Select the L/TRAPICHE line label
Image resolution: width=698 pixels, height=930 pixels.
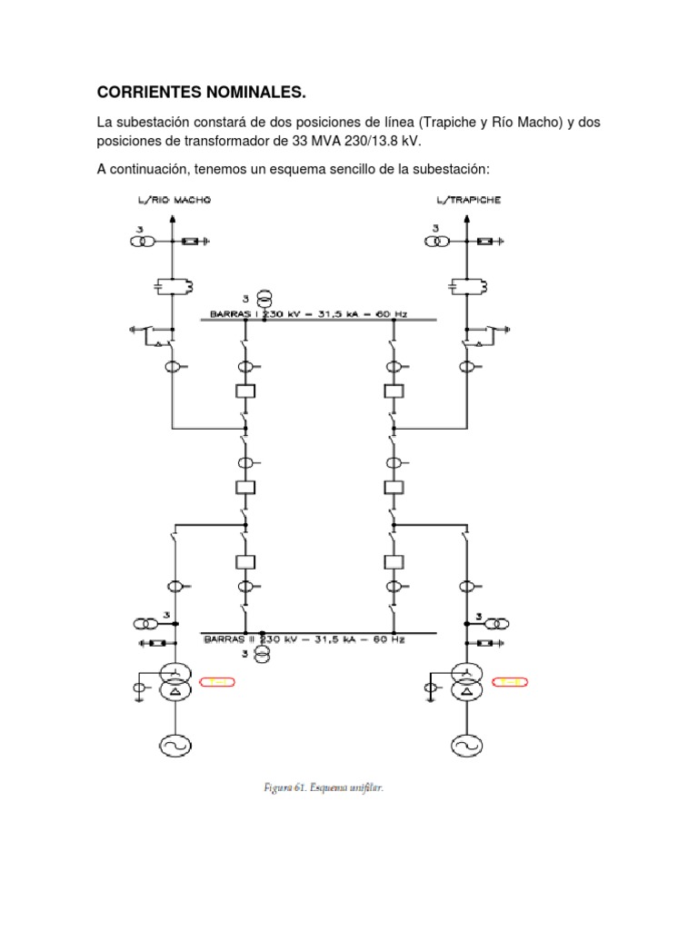(x=469, y=200)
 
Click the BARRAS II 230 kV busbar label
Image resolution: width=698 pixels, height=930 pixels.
(x=304, y=638)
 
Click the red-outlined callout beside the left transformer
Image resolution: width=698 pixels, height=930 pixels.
(x=217, y=681)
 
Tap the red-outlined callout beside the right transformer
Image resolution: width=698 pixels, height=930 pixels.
(x=510, y=681)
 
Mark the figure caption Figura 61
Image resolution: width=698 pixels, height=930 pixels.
(x=318, y=787)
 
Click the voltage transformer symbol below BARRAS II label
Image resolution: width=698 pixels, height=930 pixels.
(x=262, y=654)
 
